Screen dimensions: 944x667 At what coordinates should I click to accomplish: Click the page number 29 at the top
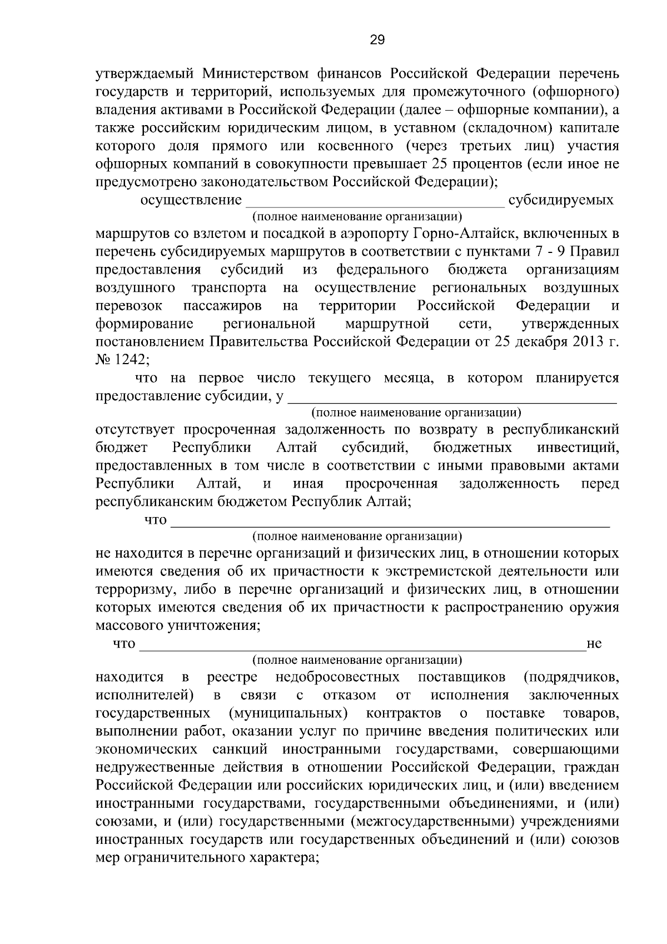pos(377,39)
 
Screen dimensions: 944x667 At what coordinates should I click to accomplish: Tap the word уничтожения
pos(214,626)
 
